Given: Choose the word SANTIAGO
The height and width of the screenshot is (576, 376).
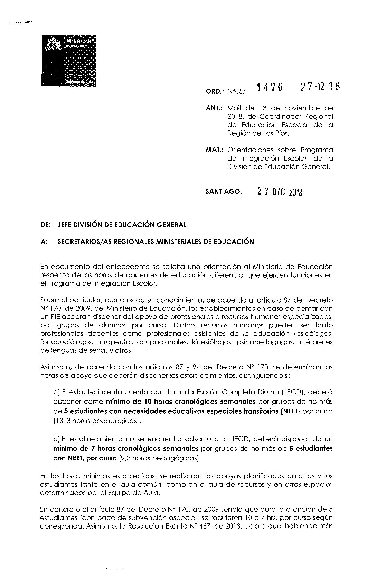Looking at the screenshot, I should tap(222, 192).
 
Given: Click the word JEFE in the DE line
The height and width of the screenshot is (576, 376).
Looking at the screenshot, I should tap(66, 225).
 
